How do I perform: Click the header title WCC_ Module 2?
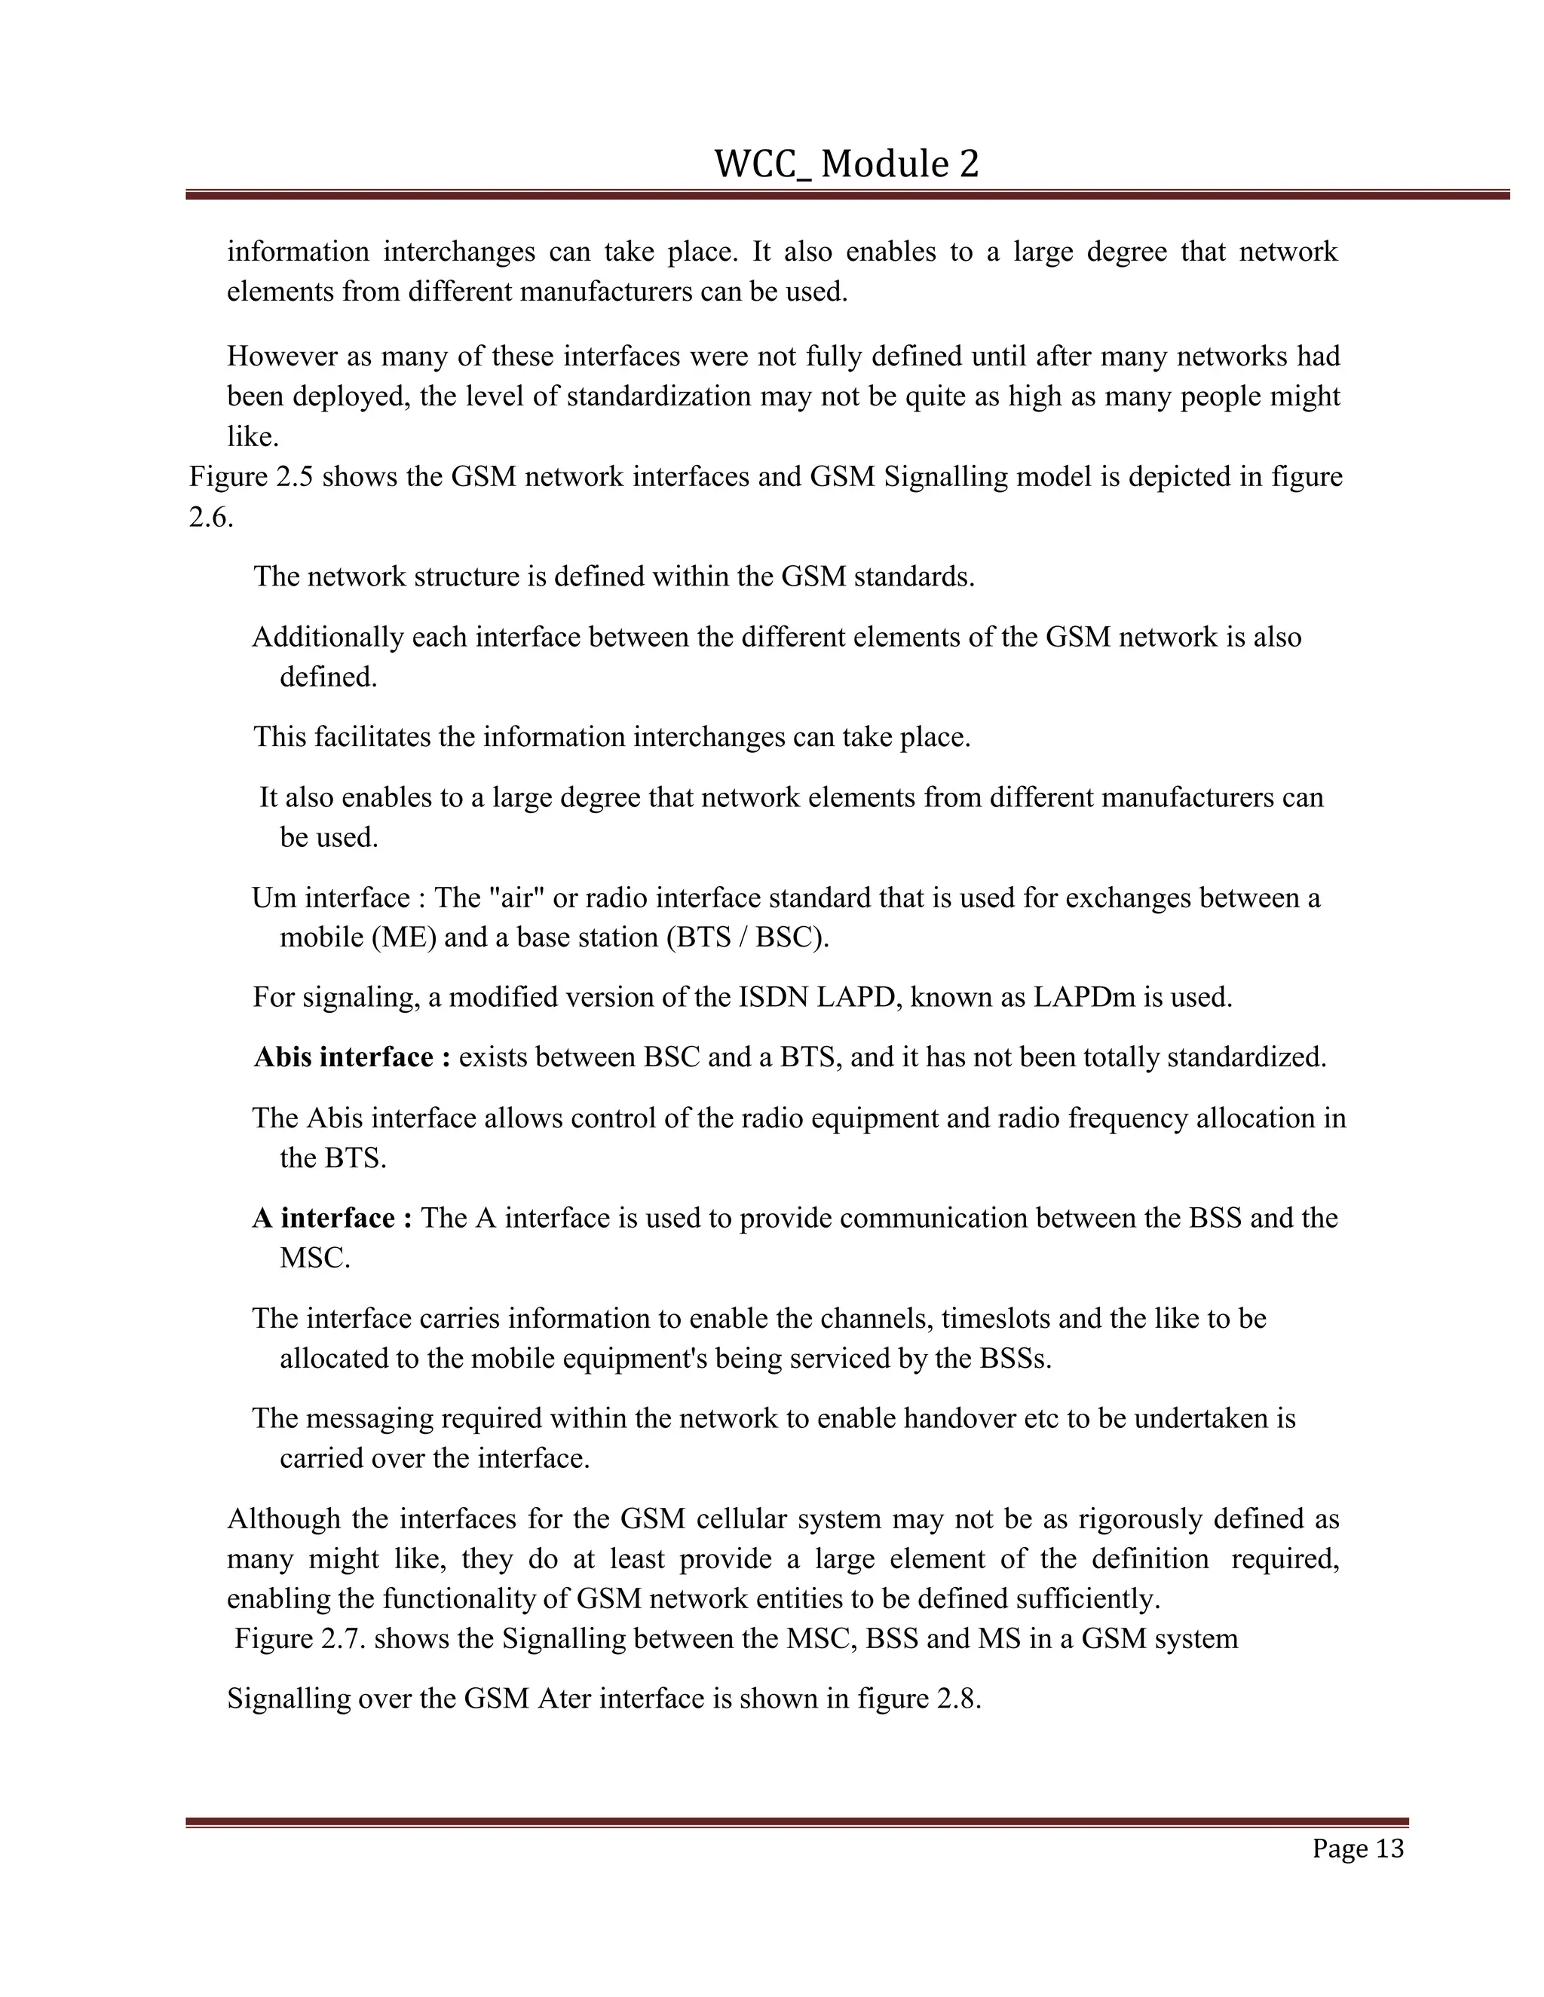point(846,164)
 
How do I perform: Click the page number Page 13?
point(1357,1849)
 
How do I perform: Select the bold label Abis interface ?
point(352,1058)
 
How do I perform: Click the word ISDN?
point(773,998)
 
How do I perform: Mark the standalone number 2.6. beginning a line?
point(211,518)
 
